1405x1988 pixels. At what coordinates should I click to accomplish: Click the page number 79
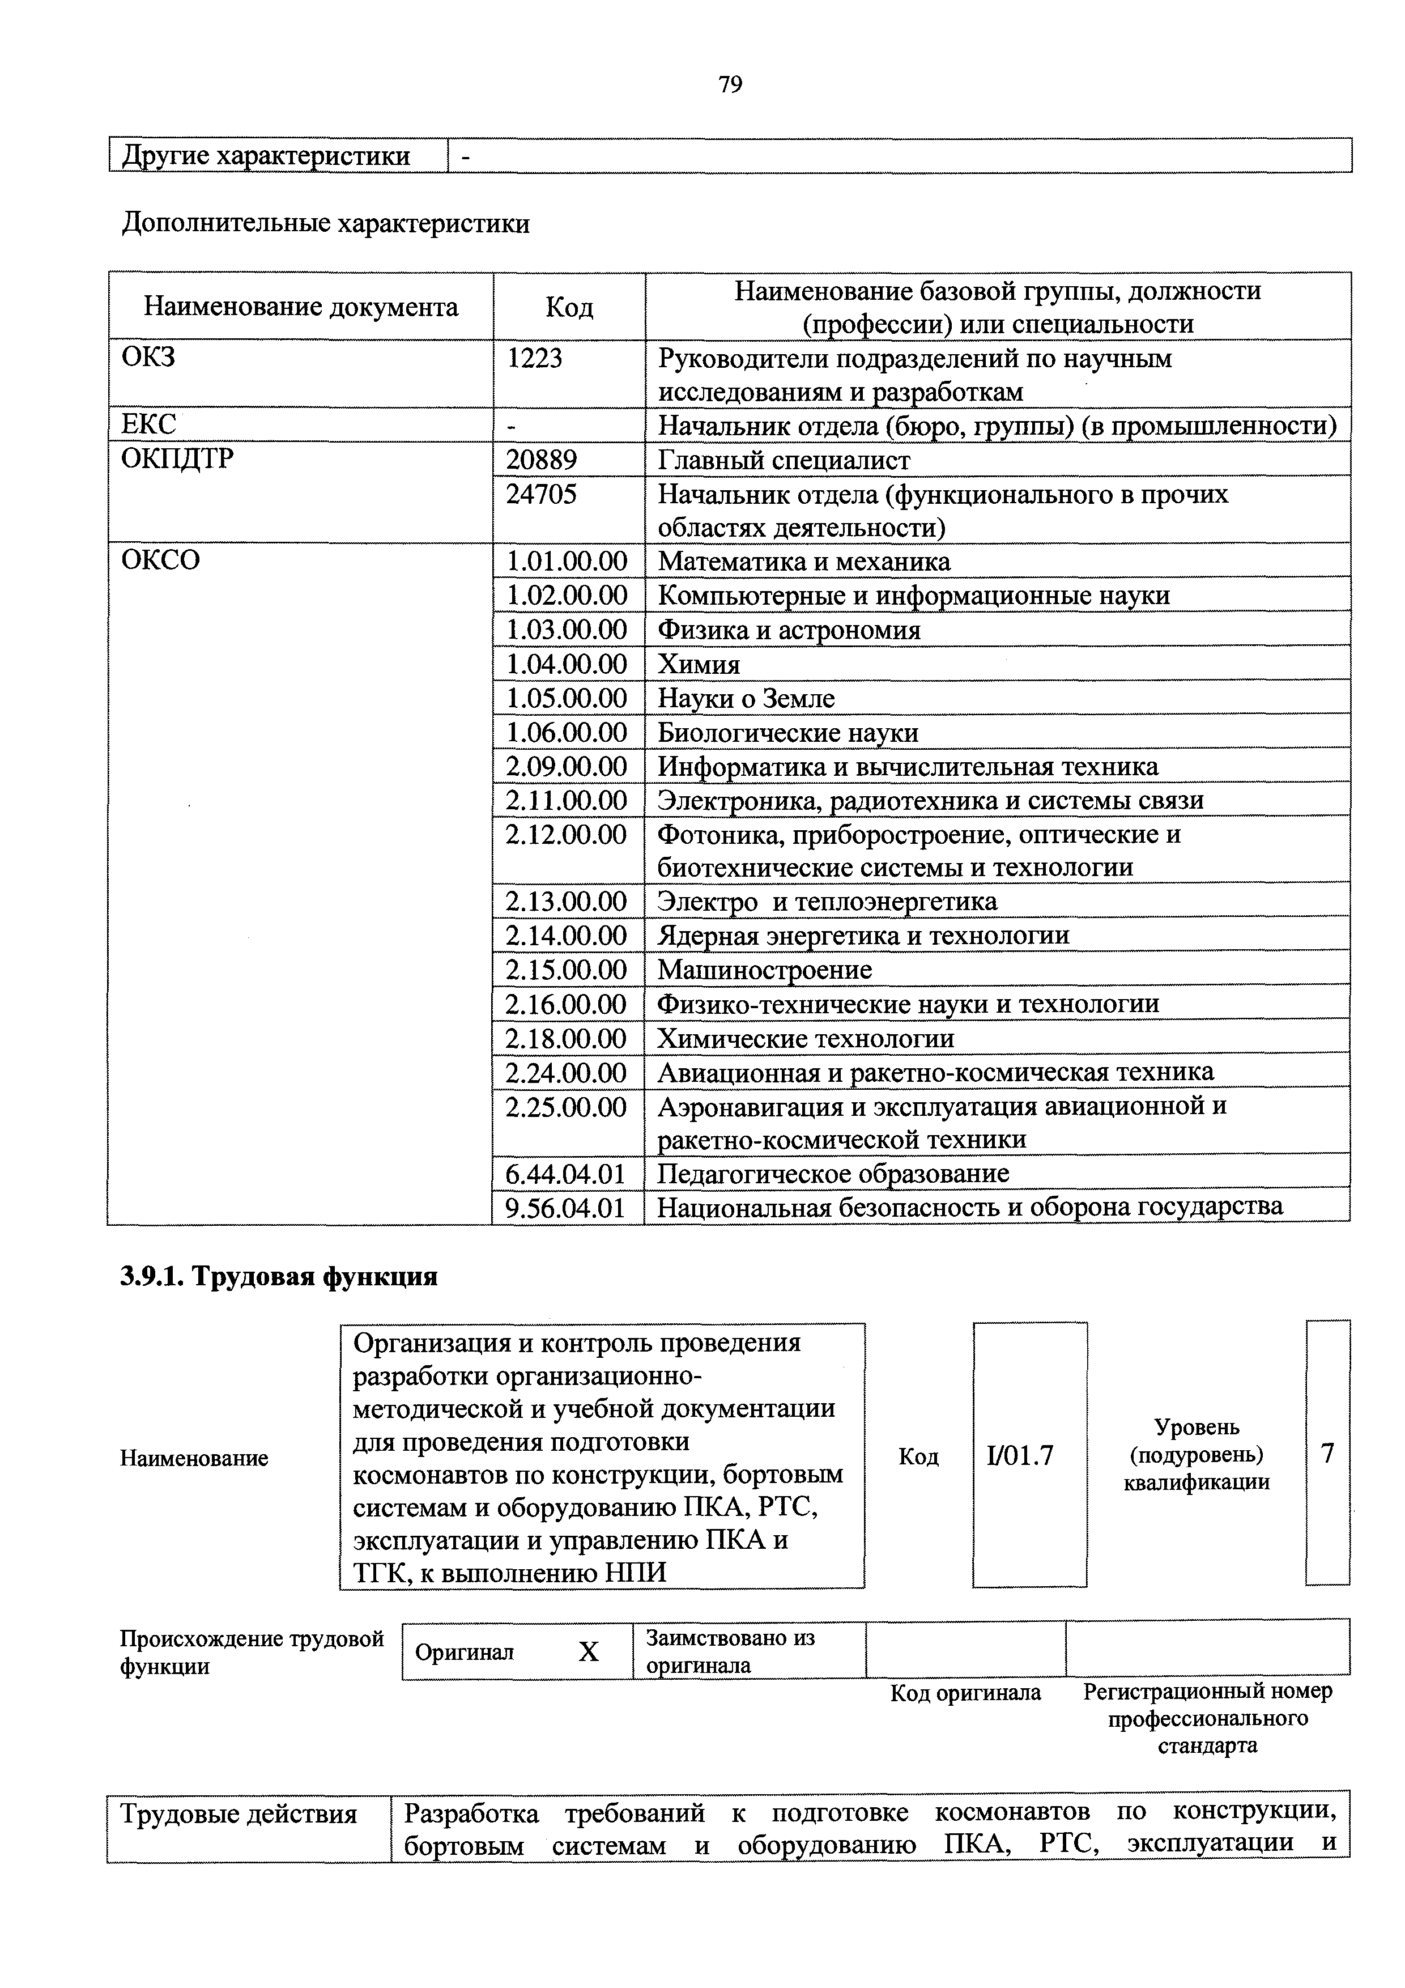pyautogui.click(x=730, y=85)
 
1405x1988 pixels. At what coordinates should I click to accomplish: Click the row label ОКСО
pyautogui.click(x=161, y=560)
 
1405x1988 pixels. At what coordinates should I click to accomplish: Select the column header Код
pyautogui.click(x=569, y=307)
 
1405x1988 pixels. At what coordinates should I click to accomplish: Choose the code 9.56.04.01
pyautogui.click(x=565, y=1207)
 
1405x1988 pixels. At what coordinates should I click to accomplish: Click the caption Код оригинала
pyautogui.click(x=965, y=1693)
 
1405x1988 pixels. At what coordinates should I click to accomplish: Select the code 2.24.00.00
pyautogui.click(x=566, y=1072)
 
